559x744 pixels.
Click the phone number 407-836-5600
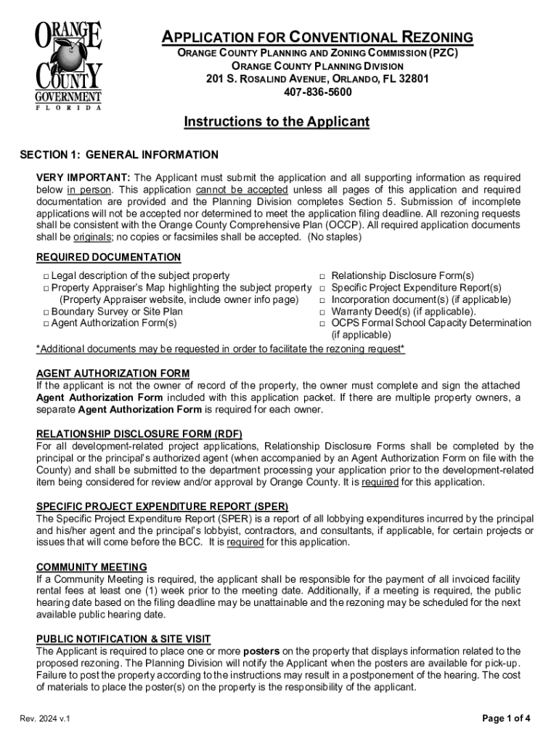pyautogui.click(x=317, y=92)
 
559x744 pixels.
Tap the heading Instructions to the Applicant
pyautogui.click(x=277, y=122)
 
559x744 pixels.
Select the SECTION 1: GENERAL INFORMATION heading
pyautogui.click(x=118, y=155)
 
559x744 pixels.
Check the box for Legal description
pyautogui.click(x=45, y=277)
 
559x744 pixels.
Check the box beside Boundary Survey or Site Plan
pyautogui.click(x=45, y=312)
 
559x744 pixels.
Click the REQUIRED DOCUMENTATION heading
pyautogui.click(x=108, y=257)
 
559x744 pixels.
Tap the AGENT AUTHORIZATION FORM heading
pyautogui.click(x=113, y=373)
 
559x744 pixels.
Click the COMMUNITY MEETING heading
pyautogui.click(x=91, y=567)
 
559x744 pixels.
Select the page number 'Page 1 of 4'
pyautogui.click(x=507, y=719)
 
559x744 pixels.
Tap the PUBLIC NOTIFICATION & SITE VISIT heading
pyautogui.click(x=123, y=639)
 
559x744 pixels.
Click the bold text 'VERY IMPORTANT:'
pyautogui.click(x=83, y=178)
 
